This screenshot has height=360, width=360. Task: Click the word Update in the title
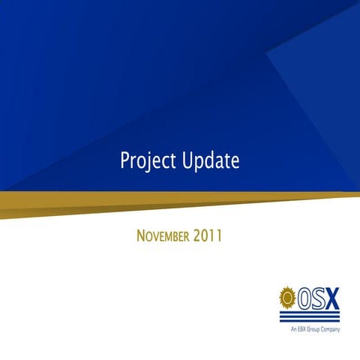coord(211,160)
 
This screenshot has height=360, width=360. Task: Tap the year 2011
coord(208,237)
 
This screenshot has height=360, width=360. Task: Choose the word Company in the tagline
coord(337,328)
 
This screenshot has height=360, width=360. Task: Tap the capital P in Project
coord(124,160)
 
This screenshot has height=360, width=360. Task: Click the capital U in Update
coord(187,160)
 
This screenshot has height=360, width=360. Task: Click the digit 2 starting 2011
coord(197,237)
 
